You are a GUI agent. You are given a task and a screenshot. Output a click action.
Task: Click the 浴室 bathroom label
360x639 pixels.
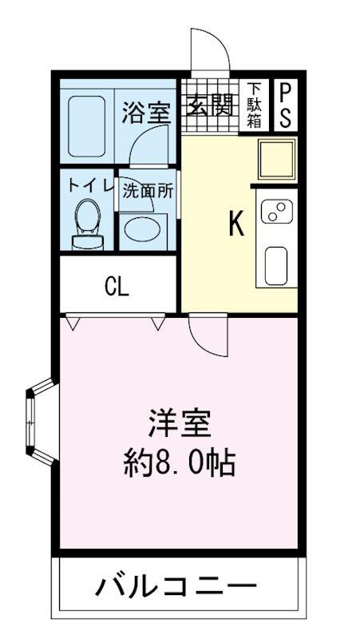coord(146,113)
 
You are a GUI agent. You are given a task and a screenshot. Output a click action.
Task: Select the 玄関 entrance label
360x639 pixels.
coord(211,106)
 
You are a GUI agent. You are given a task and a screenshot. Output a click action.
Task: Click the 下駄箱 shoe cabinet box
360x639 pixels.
coord(255,105)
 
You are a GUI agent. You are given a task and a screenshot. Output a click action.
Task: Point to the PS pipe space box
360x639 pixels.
coord(284,105)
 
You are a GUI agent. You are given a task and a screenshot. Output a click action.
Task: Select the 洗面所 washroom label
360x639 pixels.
coord(148,191)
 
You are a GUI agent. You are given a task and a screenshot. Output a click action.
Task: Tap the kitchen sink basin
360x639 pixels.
coord(276,264)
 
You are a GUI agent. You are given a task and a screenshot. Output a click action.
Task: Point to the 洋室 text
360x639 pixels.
coord(180,423)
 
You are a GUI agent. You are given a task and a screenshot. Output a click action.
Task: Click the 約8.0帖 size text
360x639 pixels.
coord(180,462)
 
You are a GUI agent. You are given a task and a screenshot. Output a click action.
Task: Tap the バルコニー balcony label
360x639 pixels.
coord(177,589)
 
